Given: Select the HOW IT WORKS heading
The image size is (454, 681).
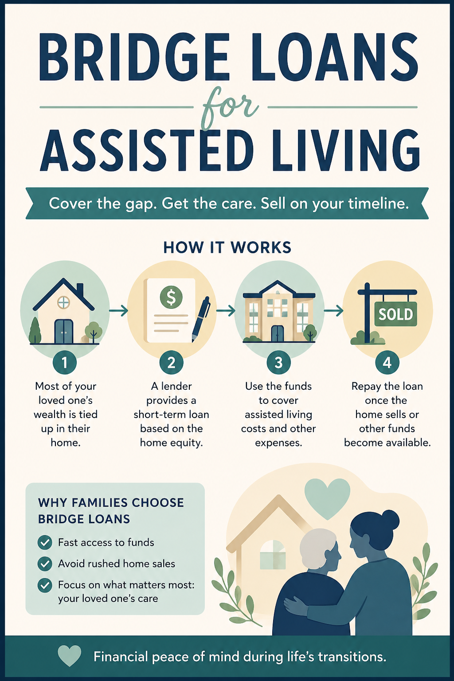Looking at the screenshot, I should point(227,247).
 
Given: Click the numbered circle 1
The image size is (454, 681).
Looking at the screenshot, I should point(65,362).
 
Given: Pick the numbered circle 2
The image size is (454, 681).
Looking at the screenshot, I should point(172,362).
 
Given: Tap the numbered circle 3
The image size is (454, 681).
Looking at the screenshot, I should point(278,362).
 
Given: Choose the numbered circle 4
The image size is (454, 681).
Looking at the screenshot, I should point(387,362).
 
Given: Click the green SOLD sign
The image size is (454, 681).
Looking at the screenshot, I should point(395,314).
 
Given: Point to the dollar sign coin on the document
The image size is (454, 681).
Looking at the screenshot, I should point(171,297).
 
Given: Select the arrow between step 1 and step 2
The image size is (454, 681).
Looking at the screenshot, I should point(118,311).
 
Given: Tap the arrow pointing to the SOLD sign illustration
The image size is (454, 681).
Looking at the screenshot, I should point(333,311).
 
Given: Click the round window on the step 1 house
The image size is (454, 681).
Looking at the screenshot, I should point(63,302).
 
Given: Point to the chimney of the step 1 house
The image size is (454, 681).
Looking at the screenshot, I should point(80,290).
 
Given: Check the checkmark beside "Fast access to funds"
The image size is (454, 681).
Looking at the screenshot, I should point(45,542).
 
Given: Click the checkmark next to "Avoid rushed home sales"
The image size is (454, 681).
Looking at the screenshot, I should point(45,564).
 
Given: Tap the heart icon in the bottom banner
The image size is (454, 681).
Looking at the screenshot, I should point(70,656).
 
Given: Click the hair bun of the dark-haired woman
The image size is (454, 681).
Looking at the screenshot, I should point(390,519).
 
